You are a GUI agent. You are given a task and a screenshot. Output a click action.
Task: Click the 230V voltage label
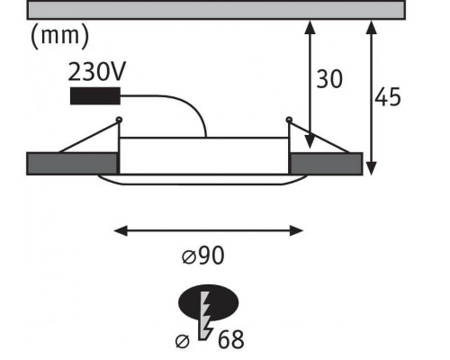point(96,72)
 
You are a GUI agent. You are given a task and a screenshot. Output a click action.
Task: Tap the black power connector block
point(95,96)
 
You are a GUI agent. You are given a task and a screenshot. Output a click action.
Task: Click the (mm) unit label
point(60,36)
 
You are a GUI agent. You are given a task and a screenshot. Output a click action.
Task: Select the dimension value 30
point(329,79)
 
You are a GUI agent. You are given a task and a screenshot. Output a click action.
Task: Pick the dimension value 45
point(388,97)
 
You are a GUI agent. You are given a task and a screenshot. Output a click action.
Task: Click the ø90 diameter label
point(203,256)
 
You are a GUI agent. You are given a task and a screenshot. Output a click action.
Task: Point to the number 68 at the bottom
point(230,339)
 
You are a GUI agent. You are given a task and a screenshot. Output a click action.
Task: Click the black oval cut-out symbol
point(209,302)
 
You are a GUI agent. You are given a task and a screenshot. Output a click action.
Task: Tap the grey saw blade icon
point(205,316)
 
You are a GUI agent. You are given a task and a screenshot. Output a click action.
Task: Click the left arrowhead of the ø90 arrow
point(121,231)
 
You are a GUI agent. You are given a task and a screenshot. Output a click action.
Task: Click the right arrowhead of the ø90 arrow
point(296,231)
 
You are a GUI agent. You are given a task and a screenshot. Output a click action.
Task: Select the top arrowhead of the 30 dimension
point(310,27)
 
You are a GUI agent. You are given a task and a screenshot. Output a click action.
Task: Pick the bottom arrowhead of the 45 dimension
point(372,168)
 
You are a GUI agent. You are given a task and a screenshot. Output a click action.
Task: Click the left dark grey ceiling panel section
point(72,164)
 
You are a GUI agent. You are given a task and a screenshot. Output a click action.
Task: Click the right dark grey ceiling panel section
point(326,164)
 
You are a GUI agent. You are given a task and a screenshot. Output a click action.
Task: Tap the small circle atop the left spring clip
point(119,120)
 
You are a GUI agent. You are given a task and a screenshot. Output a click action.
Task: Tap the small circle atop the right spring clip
point(289,120)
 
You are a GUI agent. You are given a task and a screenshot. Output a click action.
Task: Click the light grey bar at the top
point(216,10)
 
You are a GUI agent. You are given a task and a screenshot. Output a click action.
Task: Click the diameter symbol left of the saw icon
point(183,341)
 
